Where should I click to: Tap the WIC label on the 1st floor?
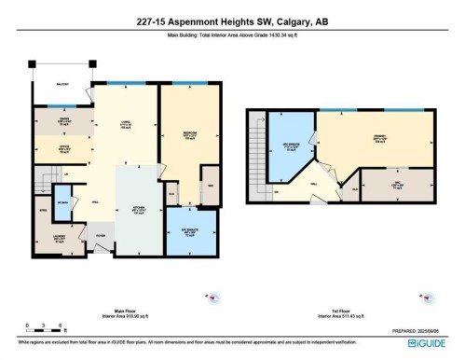click(399, 183)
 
